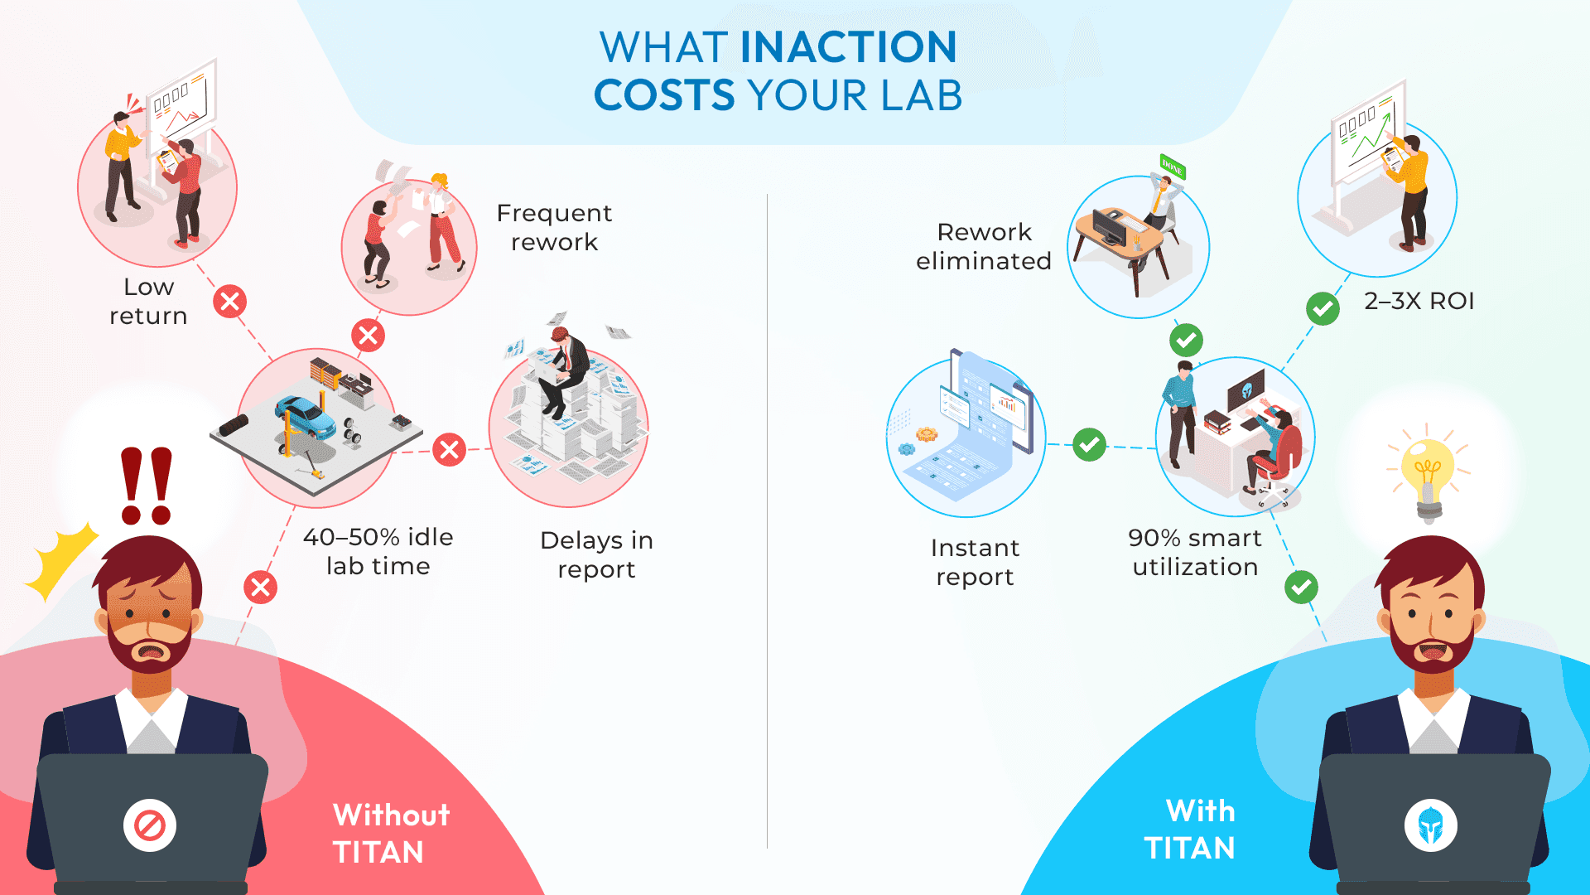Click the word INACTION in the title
point(848,47)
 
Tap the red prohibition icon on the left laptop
point(150,825)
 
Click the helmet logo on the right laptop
point(1430,825)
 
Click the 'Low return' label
point(149,301)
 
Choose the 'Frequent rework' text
point(554,227)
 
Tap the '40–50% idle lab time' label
point(378,551)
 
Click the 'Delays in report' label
point(596,554)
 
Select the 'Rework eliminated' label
point(983,246)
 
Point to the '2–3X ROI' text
point(1419,301)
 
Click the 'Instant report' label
point(975,562)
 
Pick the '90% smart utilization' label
point(1194,552)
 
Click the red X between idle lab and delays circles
point(449,450)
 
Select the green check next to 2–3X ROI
point(1323,309)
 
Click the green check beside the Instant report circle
point(1089,445)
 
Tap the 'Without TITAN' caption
point(391,833)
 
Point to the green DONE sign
point(1172,167)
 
